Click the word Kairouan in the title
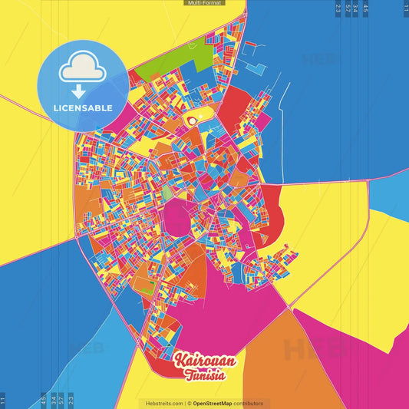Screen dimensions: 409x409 click(204, 359)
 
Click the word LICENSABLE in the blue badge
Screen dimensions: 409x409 click(83, 108)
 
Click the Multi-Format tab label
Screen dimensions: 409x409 click(204, 3)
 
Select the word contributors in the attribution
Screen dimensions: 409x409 click(249, 403)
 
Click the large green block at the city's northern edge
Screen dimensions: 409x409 click(173, 61)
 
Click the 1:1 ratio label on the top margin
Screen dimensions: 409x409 click(405, 9)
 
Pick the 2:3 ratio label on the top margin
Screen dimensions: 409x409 click(338, 9)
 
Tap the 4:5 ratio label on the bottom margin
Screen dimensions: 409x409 click(43, 399)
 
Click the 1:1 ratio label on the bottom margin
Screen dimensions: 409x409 click(3, 399)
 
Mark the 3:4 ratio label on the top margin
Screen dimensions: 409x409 click(355, 9)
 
